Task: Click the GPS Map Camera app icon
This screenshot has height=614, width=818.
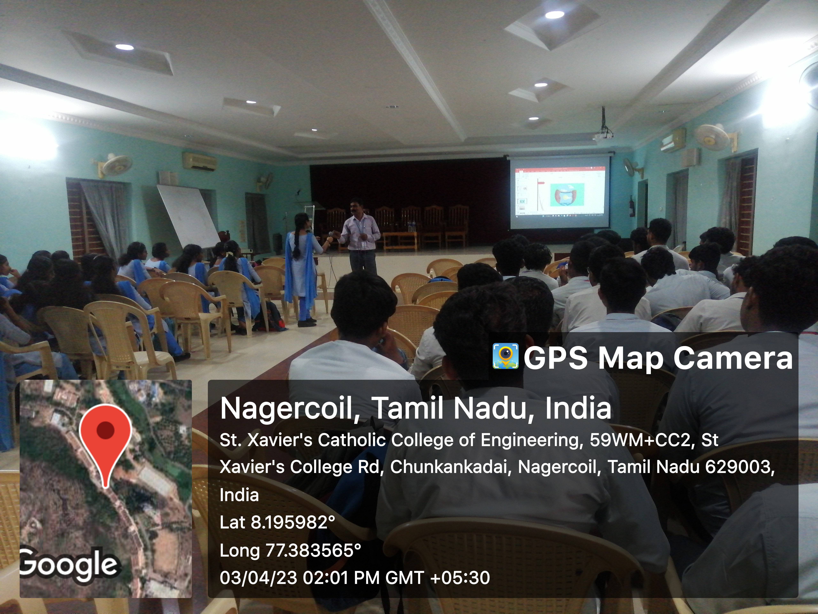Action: [x=505, y=356]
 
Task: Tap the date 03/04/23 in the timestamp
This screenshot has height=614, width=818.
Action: [x=258, y=578]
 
